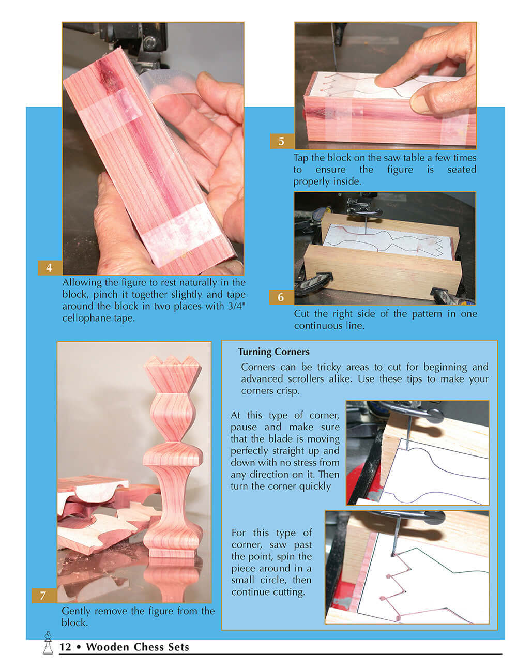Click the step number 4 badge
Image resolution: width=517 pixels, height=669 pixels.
coord(49,268)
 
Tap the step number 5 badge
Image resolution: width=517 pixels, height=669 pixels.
coord(281,141)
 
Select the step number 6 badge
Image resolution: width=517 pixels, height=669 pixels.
coord(281,297)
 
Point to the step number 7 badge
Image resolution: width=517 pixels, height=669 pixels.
coord(43,596)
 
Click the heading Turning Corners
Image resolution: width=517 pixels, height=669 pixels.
coord(273,352)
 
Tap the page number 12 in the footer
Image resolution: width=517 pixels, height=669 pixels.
coord(65,647)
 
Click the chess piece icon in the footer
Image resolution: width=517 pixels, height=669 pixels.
coord(48,643)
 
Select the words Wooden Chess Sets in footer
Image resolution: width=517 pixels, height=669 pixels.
coord(138,647)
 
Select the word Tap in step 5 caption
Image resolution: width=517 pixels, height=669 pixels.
coord(301,158)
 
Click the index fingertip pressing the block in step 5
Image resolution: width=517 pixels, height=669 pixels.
coord(385,81)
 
